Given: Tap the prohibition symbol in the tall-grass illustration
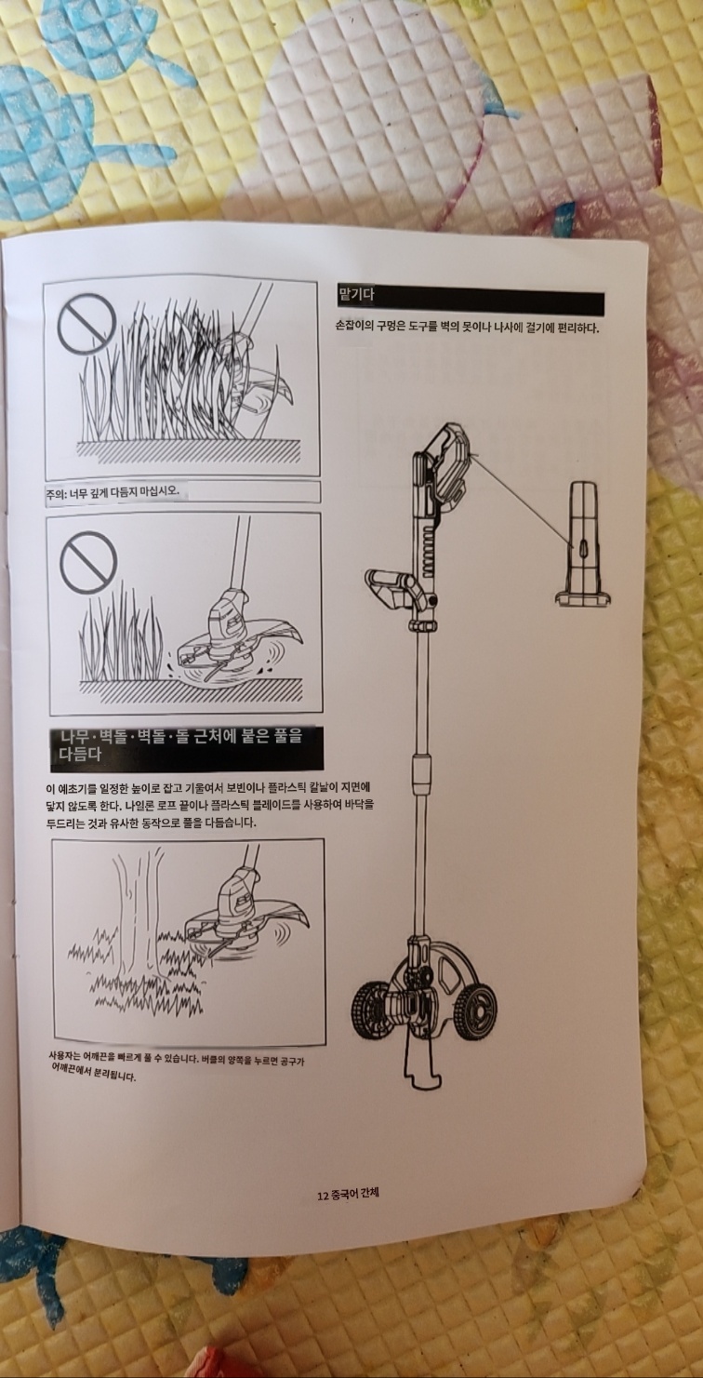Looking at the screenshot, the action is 86,321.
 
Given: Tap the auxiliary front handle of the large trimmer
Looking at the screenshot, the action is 397,588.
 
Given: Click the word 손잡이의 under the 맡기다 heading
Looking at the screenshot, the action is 353,328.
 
